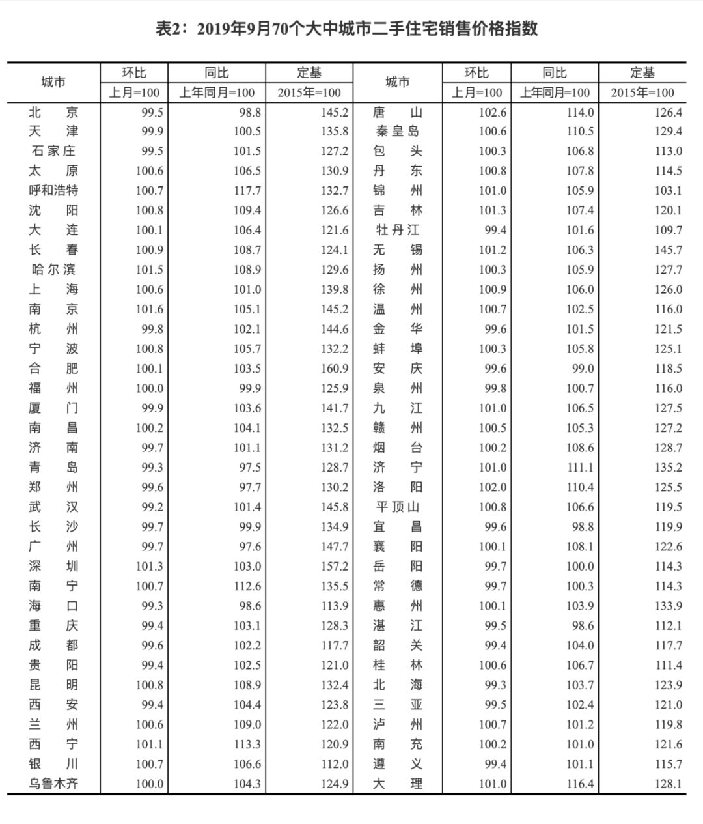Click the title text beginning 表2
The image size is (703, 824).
(x=346, y=29)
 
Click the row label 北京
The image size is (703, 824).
(x=53, y=112)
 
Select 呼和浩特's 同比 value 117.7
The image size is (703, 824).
(x=247, y=191)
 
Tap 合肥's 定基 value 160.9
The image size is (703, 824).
(x=335, y=369)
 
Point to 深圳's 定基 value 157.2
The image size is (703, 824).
(x=335, y=567)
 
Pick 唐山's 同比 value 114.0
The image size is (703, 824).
(x=580, y=112)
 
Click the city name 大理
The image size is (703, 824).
(x=397, y=784)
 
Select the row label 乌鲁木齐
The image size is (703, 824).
(x=53, y=784)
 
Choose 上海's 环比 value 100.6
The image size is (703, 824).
(x=150, y=290)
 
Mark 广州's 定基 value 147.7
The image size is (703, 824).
(x=335, y=547)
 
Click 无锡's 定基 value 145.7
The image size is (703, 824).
(x=669, y=250)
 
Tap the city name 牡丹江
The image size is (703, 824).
(x=397, y=231)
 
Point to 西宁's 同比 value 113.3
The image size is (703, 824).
(x=247, y=744)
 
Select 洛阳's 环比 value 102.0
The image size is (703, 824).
(x=493, y=487)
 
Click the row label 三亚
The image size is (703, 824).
(x=397, y=705)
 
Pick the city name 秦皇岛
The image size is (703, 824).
(x=397, y=132)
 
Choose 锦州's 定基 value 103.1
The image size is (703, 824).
(x=669, y=191)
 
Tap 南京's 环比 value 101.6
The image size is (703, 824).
(x=150, y=309)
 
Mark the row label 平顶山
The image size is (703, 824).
(x=397, y=507)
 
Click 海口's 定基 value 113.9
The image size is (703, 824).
(x=335, y=606)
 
